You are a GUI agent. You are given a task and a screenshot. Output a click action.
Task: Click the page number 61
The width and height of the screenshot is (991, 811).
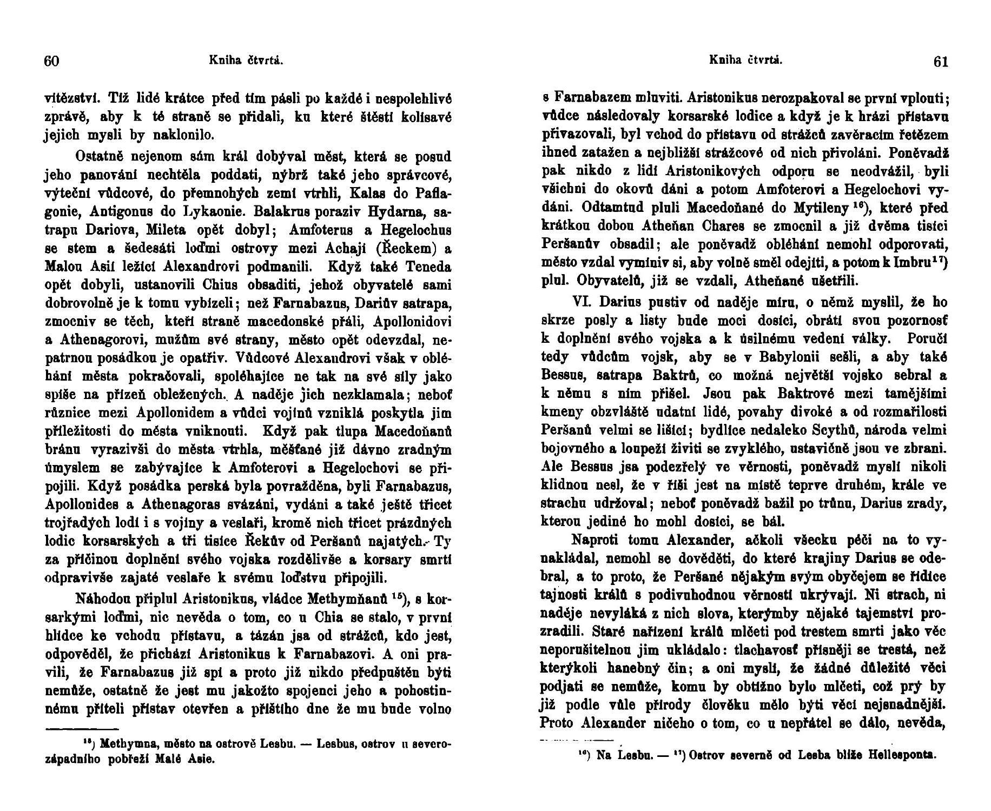tap(941, 62)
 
